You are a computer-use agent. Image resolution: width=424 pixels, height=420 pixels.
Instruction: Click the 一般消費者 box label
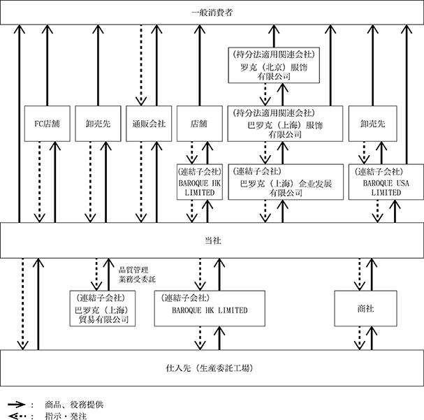(x=212, y=13)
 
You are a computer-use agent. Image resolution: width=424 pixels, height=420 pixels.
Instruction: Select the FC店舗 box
(x=47, y=124)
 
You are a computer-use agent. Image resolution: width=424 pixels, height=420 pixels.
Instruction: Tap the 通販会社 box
(x=149, y=124)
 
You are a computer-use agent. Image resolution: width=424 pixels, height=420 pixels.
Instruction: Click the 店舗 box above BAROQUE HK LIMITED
(x=200, y=124)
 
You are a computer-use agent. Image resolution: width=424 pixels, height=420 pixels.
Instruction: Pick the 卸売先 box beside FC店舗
(x=98, y=124)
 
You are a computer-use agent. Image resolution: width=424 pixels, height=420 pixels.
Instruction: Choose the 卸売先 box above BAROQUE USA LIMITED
(x=372, y=124)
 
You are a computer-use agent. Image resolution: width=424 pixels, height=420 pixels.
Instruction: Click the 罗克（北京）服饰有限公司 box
(x=274, y=65)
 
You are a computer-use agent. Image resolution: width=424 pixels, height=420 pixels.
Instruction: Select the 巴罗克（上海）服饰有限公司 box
(x=285, y=124)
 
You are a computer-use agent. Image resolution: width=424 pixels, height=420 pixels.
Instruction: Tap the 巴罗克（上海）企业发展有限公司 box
(x=286, y=182)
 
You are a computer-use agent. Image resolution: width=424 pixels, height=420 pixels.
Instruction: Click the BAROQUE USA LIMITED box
(x=386, y=182)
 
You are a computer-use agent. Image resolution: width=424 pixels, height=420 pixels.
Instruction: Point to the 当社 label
(x=212, y=240)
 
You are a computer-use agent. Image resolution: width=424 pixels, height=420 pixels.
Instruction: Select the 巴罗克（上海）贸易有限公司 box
(x=103, y=309)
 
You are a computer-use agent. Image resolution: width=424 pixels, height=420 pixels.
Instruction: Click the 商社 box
(x=365, y=309)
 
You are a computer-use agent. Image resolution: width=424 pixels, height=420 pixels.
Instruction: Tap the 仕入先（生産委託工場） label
(x=210, y=368)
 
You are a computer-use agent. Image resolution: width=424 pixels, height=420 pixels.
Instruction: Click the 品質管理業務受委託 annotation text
(x=137, y=275)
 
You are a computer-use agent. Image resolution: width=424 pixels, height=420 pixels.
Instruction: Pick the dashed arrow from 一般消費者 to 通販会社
(x=141, y=65)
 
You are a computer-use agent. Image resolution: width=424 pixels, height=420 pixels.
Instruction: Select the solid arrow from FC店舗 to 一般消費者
(x=47, y=65)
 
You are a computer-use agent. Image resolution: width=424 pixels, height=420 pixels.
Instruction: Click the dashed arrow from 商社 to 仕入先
(x=360, y=338)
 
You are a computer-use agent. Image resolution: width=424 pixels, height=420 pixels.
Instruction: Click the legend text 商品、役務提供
(x=74, y=405)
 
